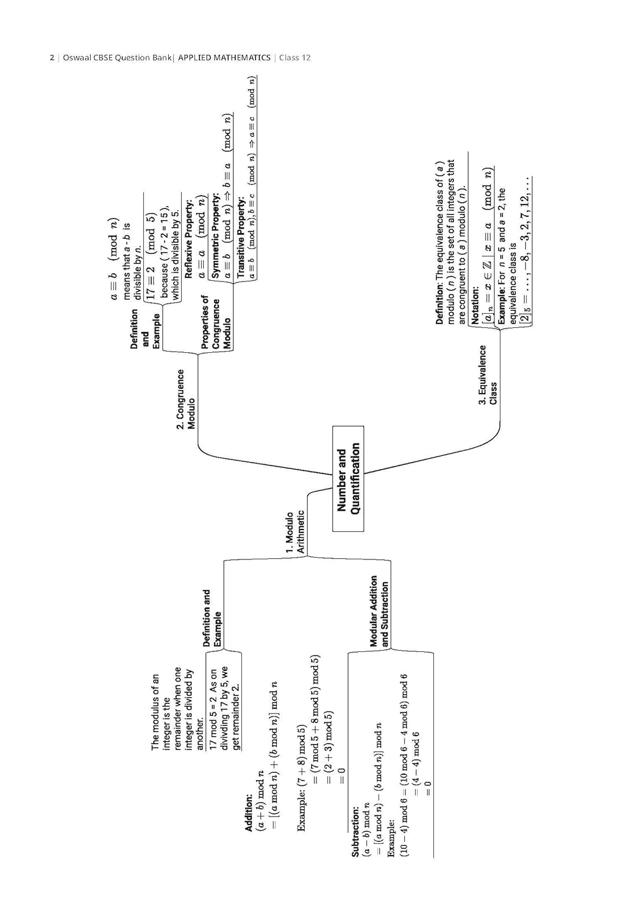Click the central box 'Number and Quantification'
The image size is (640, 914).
tap(348, 479)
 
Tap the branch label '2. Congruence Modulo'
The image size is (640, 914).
tap(186, 400)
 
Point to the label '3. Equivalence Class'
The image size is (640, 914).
tap(488, 375)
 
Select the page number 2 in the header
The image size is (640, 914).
tap(51, 58)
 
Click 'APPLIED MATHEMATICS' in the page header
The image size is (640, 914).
tap(224, 58)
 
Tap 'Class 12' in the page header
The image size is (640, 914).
tap(295, 58)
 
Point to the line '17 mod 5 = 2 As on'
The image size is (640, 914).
tap(213, 709)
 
